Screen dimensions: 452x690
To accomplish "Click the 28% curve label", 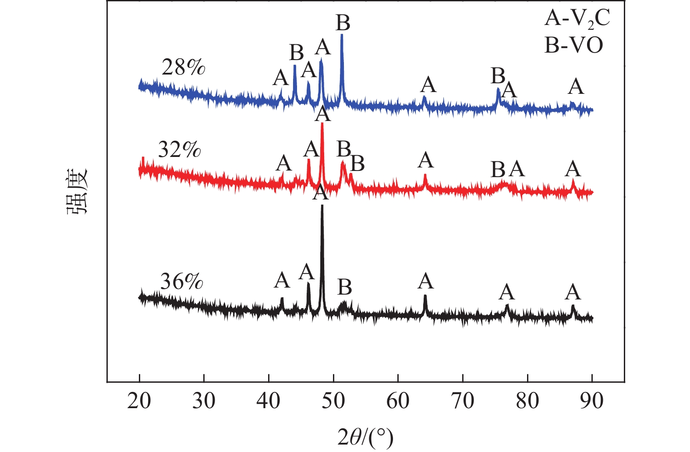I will (183, 68).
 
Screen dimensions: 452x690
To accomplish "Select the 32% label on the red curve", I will (179, 150).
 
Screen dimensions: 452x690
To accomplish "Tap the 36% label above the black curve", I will (181, 281).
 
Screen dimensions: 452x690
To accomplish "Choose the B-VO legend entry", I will (573, 45).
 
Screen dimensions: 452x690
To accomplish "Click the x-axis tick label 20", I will (139, 401).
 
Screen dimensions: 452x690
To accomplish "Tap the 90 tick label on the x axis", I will (592, 401).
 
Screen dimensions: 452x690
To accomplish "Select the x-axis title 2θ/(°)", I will (365, 437).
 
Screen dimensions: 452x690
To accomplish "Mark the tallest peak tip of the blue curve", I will (342, 35).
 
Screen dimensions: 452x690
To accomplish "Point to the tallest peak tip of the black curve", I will (322, 205).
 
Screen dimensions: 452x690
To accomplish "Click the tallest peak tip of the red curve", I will (322, 124).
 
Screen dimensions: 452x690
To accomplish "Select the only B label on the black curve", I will (345, 287).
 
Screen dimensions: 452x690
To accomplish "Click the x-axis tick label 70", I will (463, 401).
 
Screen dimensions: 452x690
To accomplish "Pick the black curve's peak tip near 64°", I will (425, 295).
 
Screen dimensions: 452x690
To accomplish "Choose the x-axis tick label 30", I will (204, 401).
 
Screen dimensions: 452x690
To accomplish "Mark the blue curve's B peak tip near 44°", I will (294, 66).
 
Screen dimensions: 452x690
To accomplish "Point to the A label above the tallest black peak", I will (320, 193).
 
